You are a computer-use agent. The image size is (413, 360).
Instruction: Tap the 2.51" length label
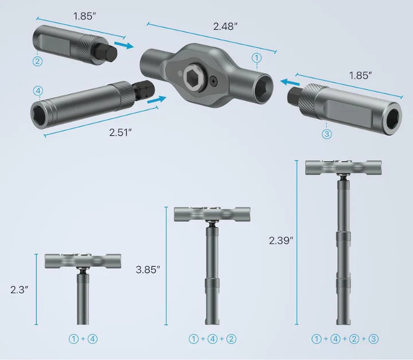click(x=121, y=132)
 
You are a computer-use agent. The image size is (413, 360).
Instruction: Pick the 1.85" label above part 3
click(x=360, y=75)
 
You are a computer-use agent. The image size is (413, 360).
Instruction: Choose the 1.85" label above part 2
click(x=84, y=16)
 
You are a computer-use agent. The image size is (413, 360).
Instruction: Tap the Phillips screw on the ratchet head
click(x=213, y=81)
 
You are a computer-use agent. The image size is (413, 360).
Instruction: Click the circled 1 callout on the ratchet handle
click(x=256, y=57)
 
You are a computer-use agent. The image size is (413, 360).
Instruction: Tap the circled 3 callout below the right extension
click(x=327, y=134)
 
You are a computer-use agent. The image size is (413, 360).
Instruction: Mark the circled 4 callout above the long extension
click(x=38, y=90)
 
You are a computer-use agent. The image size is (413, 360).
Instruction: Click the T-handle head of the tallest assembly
click(x=335, y=167)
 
